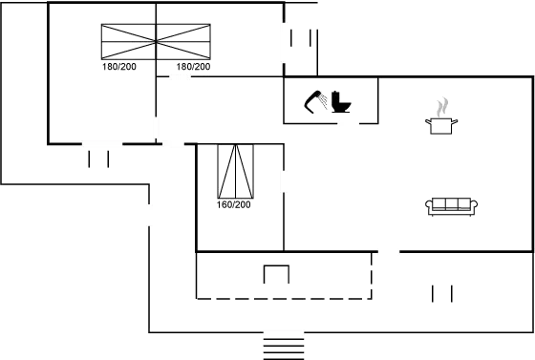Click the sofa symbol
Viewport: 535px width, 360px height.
452,205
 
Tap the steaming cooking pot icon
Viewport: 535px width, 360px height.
441,115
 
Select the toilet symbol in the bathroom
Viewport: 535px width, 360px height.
341,99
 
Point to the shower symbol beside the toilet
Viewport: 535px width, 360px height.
315,100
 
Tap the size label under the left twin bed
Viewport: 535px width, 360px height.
119,68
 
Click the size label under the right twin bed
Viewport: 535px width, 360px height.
194,68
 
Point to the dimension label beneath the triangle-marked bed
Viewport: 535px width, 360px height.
235,203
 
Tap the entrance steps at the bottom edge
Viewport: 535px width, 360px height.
284,344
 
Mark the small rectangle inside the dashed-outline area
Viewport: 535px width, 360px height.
276,274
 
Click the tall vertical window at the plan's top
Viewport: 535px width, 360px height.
284,43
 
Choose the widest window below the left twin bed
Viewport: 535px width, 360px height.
102,144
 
